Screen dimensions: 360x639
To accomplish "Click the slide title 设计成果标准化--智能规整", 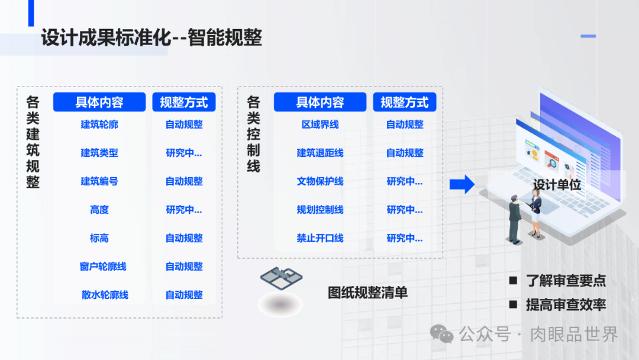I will coord(151,38).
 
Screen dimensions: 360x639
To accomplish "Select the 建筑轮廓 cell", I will coord(99,124).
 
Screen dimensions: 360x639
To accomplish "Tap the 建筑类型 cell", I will coord(99,153).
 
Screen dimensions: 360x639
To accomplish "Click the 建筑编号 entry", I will coord(99,181).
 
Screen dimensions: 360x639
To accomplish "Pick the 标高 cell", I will coord(99,238).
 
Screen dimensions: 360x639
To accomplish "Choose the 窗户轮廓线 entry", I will coord(103,266).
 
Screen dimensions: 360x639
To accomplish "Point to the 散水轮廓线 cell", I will coord(105,295).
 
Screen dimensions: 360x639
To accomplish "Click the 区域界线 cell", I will coord(320,124).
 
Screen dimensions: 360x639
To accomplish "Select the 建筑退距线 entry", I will coord(320,153).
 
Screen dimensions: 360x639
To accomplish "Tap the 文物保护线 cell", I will coord(320,181).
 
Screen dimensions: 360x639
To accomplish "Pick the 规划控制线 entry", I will coord(320,210).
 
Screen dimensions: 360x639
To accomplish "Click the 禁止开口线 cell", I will coord(320,238).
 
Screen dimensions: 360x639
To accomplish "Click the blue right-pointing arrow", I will coord(462,184).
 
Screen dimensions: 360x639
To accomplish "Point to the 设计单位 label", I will coord(557,185).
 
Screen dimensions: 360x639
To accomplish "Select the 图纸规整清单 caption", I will coord(367,292).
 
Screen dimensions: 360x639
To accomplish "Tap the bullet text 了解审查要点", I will coord(566,281).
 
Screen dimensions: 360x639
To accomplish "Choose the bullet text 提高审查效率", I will coord(566,305).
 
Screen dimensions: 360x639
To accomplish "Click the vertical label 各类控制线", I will coord(253,134).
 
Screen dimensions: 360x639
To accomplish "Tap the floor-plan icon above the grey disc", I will coord(281,277).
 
